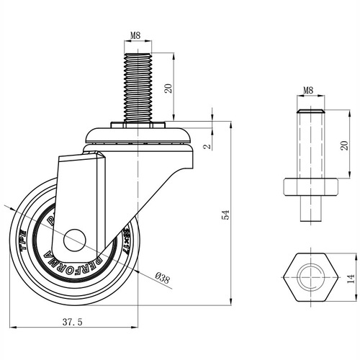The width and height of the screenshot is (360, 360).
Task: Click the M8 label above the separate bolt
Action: [x=308, y=91]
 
